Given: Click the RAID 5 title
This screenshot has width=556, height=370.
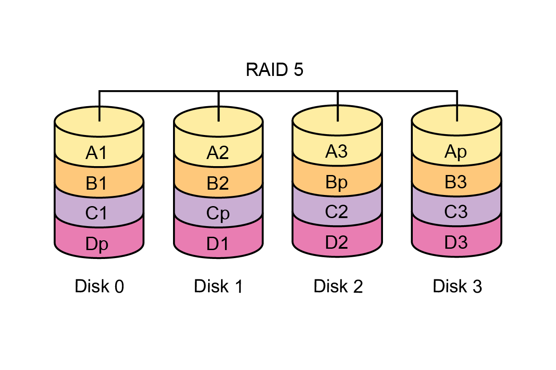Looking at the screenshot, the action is tap(274, 70).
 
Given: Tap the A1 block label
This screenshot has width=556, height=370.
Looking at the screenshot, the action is tap(97, 153).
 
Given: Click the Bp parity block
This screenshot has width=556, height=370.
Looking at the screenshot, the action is tap(336, 183).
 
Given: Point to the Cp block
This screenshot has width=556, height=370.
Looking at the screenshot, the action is tap(218, 214).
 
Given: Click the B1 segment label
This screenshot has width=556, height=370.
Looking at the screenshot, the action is tap(97, 183).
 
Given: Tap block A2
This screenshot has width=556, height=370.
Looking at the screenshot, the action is tap(218, 153).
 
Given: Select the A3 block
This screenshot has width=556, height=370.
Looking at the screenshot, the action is tap(336, 151).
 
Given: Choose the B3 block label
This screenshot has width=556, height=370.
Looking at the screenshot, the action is tap(456, 182).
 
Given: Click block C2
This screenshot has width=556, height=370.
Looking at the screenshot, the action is tap(337, 211).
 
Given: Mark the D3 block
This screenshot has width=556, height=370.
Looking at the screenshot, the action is tap(456, 243).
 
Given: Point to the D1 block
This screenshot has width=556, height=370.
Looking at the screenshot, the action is tap(218, 243).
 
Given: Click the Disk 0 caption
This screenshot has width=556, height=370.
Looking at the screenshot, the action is tap(99, 286).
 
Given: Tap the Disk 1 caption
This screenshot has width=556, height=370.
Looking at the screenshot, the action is tap(218, 286).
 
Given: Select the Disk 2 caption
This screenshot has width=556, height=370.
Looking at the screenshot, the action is tap(338, 286).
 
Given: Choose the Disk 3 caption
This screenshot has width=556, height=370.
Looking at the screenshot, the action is tap(457, 286).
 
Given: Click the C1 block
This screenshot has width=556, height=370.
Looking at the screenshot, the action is tap(97, 213).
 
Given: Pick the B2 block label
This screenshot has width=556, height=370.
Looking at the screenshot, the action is tap(218, 183).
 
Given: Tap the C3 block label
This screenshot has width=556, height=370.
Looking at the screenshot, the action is tap(456, 211).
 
